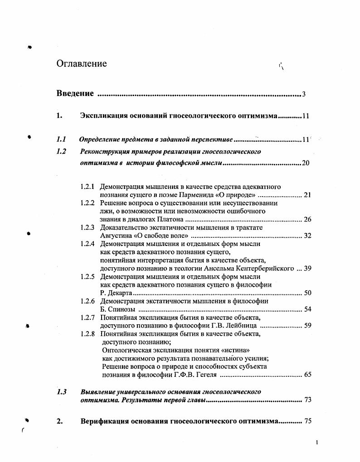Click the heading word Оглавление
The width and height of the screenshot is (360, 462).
[82, 64]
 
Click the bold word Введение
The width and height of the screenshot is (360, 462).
[75, 94]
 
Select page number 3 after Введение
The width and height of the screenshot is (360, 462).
[304, 94]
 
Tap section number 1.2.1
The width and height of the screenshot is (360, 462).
[88, 187]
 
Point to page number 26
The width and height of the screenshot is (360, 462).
[307, 220]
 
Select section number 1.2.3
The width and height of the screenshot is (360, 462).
[88, 227]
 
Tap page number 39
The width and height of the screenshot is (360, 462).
[307, 269]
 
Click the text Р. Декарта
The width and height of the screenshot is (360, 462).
[114, 293]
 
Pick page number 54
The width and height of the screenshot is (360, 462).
[307, 309]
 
